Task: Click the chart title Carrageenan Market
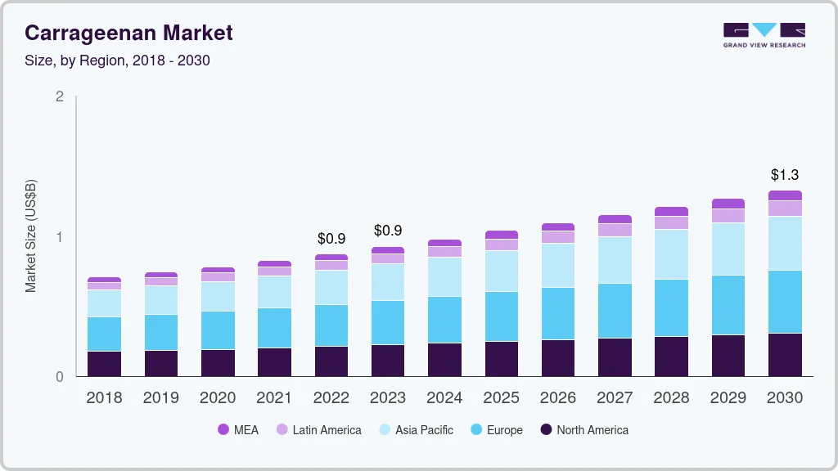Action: (x=128, y=33)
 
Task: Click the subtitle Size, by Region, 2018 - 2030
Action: (x=117, y=61)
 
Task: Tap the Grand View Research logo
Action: (x=764, y=34)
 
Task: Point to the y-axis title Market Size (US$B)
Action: (x=30, y=236)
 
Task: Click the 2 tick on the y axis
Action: (x=59, y=96)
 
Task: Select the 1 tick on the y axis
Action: (x=59, y=237)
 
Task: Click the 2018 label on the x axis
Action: (x=104, y=398)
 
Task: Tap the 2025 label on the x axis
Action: (x=501, y=398)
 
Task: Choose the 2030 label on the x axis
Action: (x=785, y=398)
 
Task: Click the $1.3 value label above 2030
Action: (x=785, y=175)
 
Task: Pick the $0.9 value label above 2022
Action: (x=331, y=239)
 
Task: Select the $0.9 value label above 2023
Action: (x=388, y=231)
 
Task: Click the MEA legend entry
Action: (x=238, y=430)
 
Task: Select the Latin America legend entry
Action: (x=318, y=430)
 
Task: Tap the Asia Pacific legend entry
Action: (x=416, y=430)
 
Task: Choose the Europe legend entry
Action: (x=496, y=430)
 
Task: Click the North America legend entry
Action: (x=584, y=430)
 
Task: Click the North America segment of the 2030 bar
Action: (x=785, y=355)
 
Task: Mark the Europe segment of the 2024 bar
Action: (x=444, y=320)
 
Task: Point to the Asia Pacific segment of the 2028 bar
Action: (x=671, y=254)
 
